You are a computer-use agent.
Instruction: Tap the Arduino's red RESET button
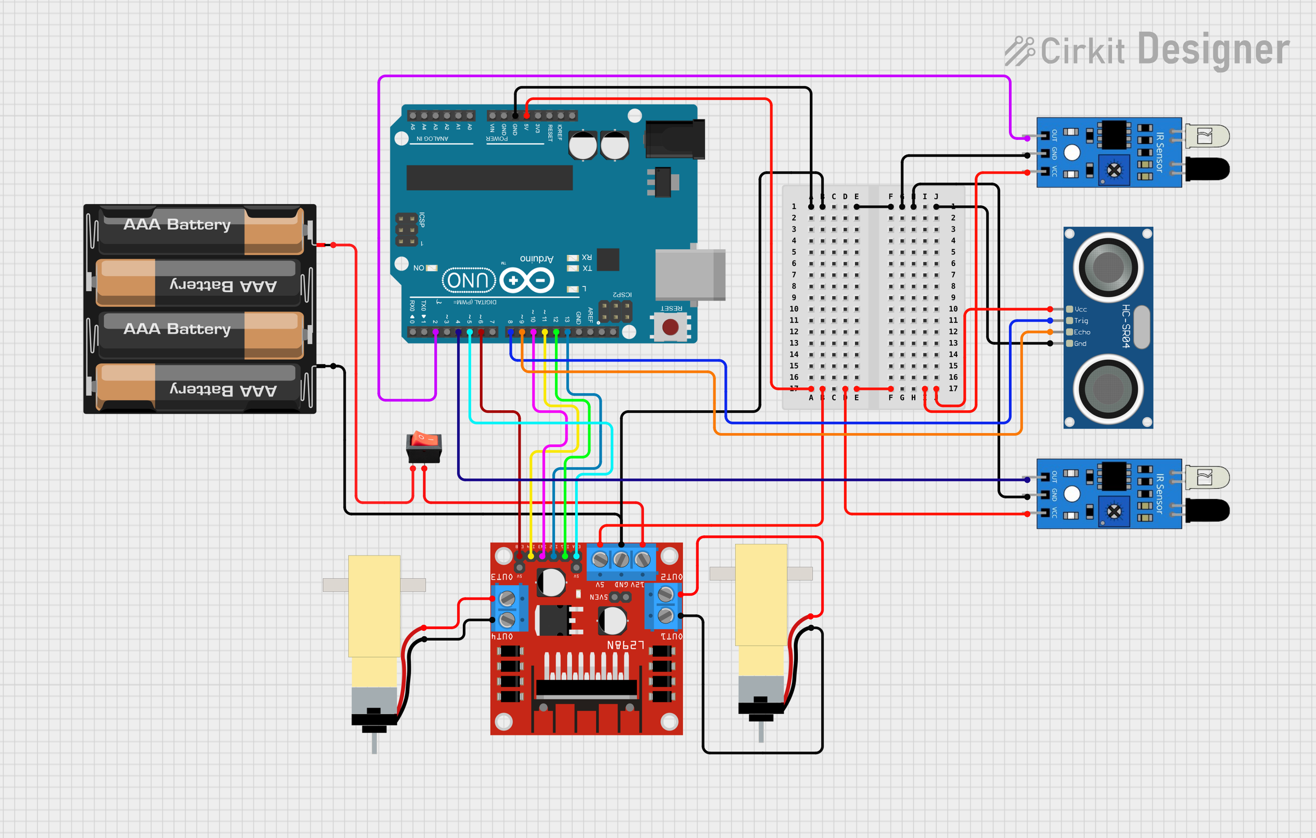point(670,327)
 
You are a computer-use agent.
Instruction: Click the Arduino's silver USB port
point(690,274)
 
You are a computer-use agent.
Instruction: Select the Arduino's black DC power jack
point(674,139)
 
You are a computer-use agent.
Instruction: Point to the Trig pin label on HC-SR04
point(1081,321)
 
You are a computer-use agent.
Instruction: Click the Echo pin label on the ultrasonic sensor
point(1081,332)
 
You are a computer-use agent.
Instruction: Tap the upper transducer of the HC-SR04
point(1108,268)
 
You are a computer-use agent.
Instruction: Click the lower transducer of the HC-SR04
point(1108,389)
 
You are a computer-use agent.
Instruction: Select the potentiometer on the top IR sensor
point(1114,171)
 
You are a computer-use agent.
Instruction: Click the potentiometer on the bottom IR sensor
point(1114,512)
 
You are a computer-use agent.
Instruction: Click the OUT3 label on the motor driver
point(502,577)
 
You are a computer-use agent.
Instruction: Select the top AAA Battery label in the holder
point(177,224)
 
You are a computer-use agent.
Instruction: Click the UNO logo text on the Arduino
point(468,281)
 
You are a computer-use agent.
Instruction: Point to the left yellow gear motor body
point(374,606)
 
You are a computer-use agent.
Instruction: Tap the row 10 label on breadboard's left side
point(793,309)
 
